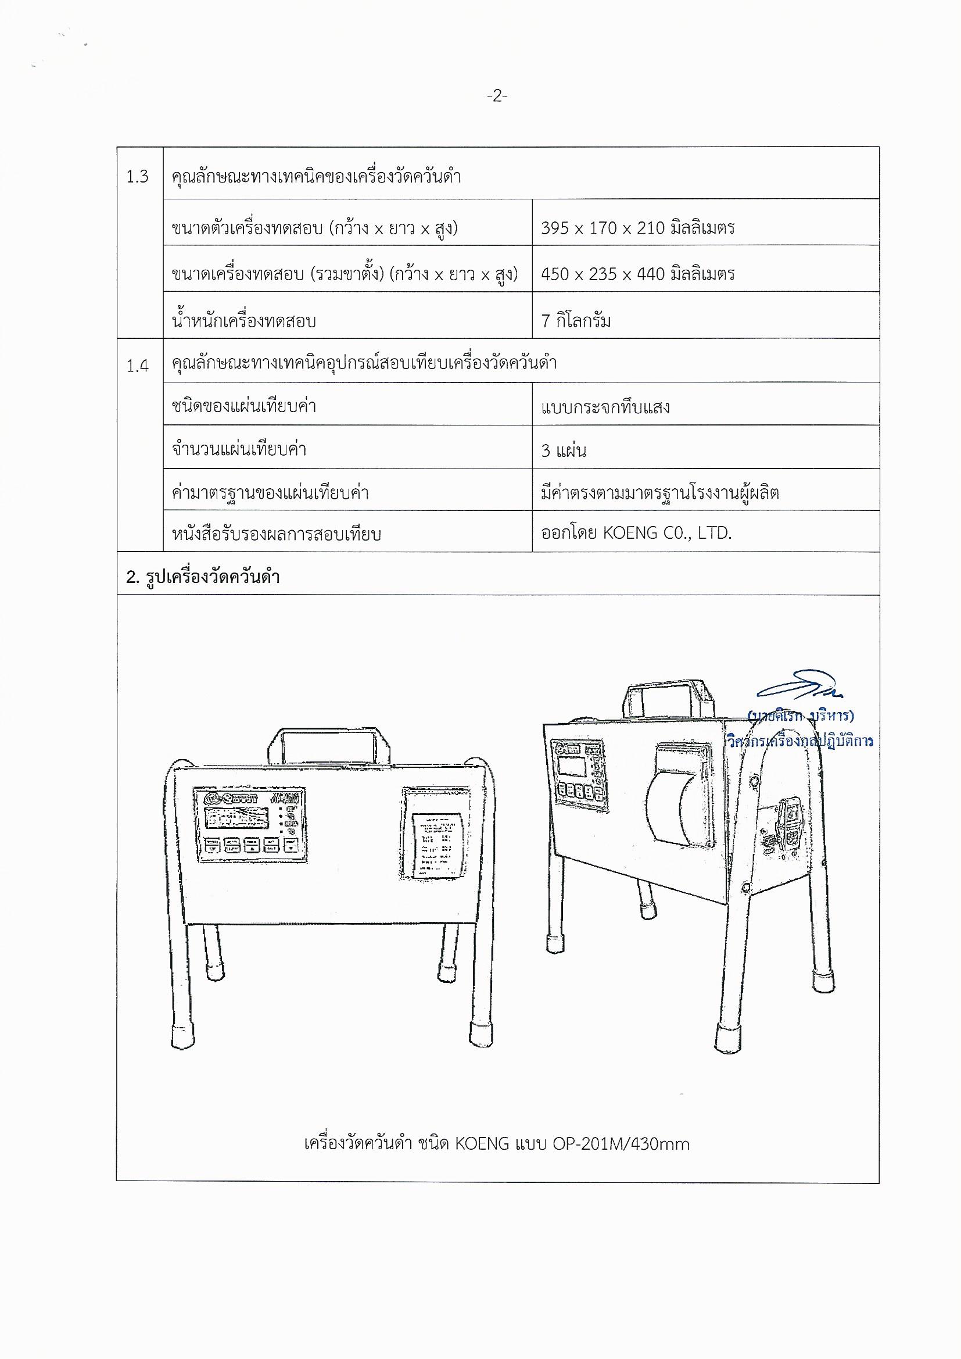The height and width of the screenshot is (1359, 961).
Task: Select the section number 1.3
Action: click(137, 177)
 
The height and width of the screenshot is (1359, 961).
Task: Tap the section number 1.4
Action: click(137, 366)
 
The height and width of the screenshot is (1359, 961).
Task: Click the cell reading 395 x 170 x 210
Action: click(637, 228)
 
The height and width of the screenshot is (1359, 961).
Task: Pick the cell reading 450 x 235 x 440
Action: click(637, 274)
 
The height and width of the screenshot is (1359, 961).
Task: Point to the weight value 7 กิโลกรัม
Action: click(576, 321)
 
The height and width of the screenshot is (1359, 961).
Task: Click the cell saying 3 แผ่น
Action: click(564, 451)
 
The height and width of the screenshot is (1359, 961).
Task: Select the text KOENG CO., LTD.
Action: click(667, 533)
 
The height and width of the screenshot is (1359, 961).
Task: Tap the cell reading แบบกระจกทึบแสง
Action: click(605, 407)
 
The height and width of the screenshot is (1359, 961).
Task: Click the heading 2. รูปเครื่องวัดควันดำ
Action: click(202, 577)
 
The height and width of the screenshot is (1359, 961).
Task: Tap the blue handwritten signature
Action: click(799, 686)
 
